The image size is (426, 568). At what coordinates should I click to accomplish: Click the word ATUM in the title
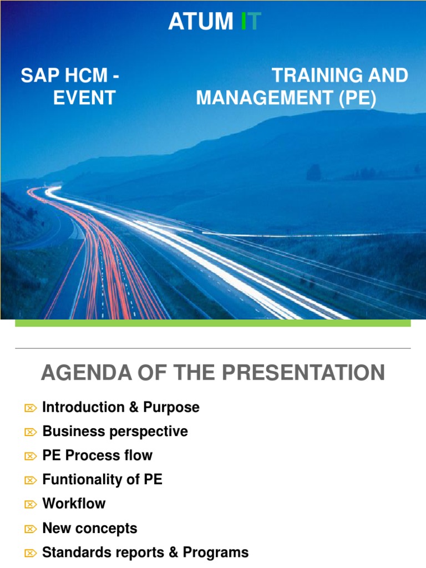click(x=200, y=22)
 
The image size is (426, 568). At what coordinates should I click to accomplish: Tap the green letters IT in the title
click(x=250, y=22)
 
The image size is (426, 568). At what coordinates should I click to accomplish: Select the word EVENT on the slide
click(x=84, y=98)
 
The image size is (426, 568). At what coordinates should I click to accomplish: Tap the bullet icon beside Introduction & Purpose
click(x=30, y=408)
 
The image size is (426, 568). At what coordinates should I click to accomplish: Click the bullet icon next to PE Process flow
click(x=30, y=457)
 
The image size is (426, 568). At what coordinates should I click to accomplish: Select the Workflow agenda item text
click(x=74, y=504)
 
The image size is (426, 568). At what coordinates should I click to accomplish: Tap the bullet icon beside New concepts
click(x=30, y=529)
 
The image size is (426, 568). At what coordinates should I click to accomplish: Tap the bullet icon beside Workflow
click(x=30, y=504)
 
